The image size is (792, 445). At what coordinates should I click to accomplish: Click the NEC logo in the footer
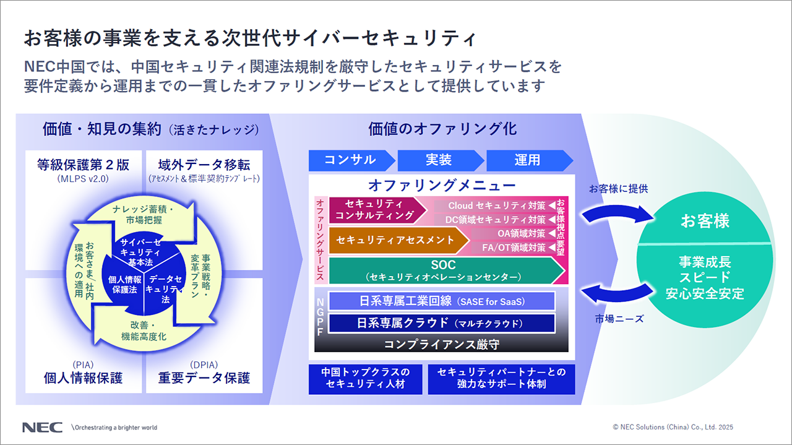pyautogui.click(x=43, y=427)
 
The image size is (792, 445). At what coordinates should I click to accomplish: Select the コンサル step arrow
pyautogui.click(x=350, y=160)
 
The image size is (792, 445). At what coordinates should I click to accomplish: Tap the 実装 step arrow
pyautogui.click(x=439, y=160)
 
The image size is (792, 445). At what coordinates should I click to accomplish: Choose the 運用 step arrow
pyautogui.click(x=527, y=160)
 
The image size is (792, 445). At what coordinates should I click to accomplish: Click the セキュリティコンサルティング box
pyautogui.click(x=375, y=210)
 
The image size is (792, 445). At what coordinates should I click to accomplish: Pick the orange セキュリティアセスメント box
pyautogui.click(x=396, y=240)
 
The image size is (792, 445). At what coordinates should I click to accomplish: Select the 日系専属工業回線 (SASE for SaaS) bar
pyautogui.click(x=442, y=301)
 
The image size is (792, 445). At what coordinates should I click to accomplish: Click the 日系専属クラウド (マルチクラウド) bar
pyautogui.click(x=442, y=323)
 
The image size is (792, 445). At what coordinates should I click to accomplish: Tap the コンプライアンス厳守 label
pyautogui.click(x=442, y=344)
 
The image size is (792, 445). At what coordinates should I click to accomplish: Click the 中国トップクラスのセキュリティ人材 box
pyautogui.click(x=365, y=378)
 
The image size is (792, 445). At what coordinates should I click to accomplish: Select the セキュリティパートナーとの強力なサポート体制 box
pyautogui.click(x=501, y=378)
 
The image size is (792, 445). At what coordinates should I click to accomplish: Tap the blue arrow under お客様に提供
pyautogui.click(x=616, y=212)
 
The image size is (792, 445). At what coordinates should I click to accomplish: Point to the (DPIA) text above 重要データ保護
pyautogui.click(x=205, y=365)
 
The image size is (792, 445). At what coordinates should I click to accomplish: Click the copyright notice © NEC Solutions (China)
pyautogui.click(x=673, y=427)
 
